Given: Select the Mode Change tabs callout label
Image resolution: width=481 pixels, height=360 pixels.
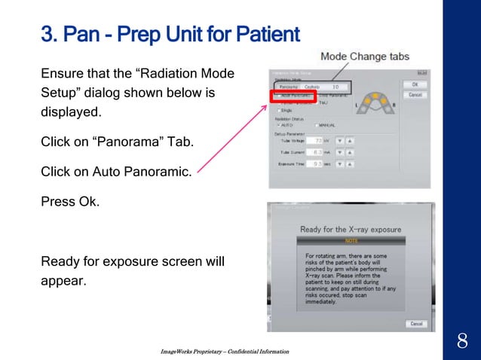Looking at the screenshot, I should (365, 56).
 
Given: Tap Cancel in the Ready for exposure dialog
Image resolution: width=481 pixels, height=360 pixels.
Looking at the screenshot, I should (415, 323).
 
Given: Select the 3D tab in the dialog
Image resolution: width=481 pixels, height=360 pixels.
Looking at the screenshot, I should (335, 87).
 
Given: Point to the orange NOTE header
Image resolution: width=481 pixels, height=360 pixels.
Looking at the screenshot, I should (351, 241).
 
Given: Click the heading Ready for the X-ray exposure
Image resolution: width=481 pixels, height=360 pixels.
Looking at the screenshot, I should (351, 229).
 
